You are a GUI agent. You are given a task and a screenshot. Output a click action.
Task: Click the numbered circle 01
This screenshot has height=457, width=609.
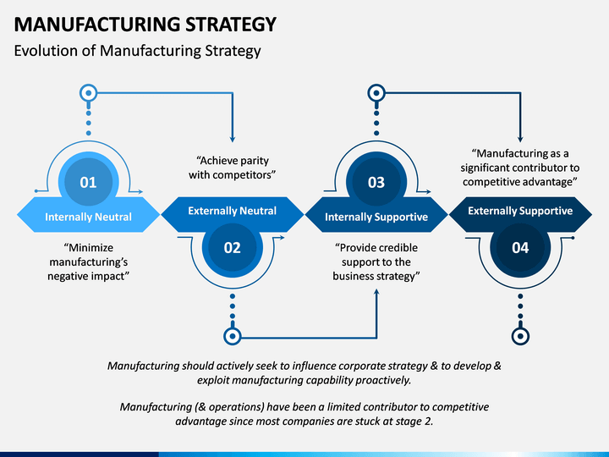coord(89,182)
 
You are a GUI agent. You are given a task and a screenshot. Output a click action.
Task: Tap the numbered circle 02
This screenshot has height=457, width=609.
coord(233,247)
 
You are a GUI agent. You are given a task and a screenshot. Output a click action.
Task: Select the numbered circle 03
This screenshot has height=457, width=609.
coord(376,182)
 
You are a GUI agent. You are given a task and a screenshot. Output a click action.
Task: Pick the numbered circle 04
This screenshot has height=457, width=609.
coord(520,247)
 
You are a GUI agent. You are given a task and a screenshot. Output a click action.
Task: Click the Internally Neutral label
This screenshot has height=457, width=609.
coord(89,217)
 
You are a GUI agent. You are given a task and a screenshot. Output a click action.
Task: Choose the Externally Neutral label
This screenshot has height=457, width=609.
coord(233,211)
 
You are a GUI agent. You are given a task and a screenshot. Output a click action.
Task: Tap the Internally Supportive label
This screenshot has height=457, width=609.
coord(376,217)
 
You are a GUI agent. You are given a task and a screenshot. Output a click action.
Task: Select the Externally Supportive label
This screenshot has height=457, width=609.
coord(520,211)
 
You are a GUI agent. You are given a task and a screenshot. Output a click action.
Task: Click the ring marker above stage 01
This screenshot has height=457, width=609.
coord(89,93)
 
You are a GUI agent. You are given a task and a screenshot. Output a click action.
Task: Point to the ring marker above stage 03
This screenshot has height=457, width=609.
coord(376,93)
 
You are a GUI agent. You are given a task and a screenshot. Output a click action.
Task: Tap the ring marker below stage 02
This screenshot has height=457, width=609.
coord(233,336)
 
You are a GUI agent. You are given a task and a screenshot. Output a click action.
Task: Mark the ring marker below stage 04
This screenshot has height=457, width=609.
coord(520,336)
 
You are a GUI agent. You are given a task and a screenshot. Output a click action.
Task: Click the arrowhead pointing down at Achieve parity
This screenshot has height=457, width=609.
coord(233,139)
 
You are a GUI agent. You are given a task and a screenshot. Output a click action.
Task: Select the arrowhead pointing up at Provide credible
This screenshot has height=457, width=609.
coord(376,292)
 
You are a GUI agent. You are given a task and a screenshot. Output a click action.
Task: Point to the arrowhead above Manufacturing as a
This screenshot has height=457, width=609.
coord(520,139)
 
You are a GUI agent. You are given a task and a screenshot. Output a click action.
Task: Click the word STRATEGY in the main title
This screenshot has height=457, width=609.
coord(230,24)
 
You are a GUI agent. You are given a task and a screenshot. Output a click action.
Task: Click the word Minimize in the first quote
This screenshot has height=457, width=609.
coord(89,247)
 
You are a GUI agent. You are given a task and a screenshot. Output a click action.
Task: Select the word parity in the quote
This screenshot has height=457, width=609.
coord(253,161)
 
